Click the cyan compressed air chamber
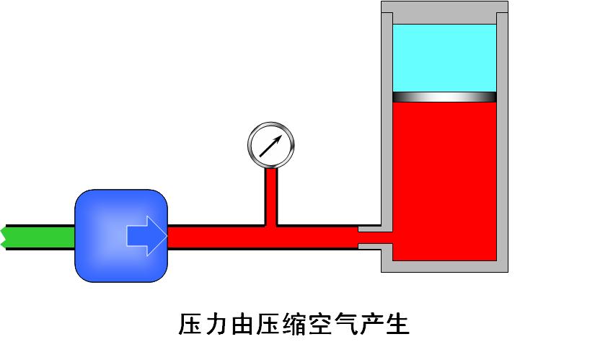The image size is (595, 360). (x=444, y=58)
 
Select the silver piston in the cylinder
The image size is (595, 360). (x=444, y=97)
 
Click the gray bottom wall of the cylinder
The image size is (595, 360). (x=444, y=266)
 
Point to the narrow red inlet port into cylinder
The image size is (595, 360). (x=375, y=236)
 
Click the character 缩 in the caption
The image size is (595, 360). (x=306, y=324)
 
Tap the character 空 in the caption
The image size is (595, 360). (x=335, y=324)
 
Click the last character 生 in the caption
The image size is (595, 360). (x=397, y=324)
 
